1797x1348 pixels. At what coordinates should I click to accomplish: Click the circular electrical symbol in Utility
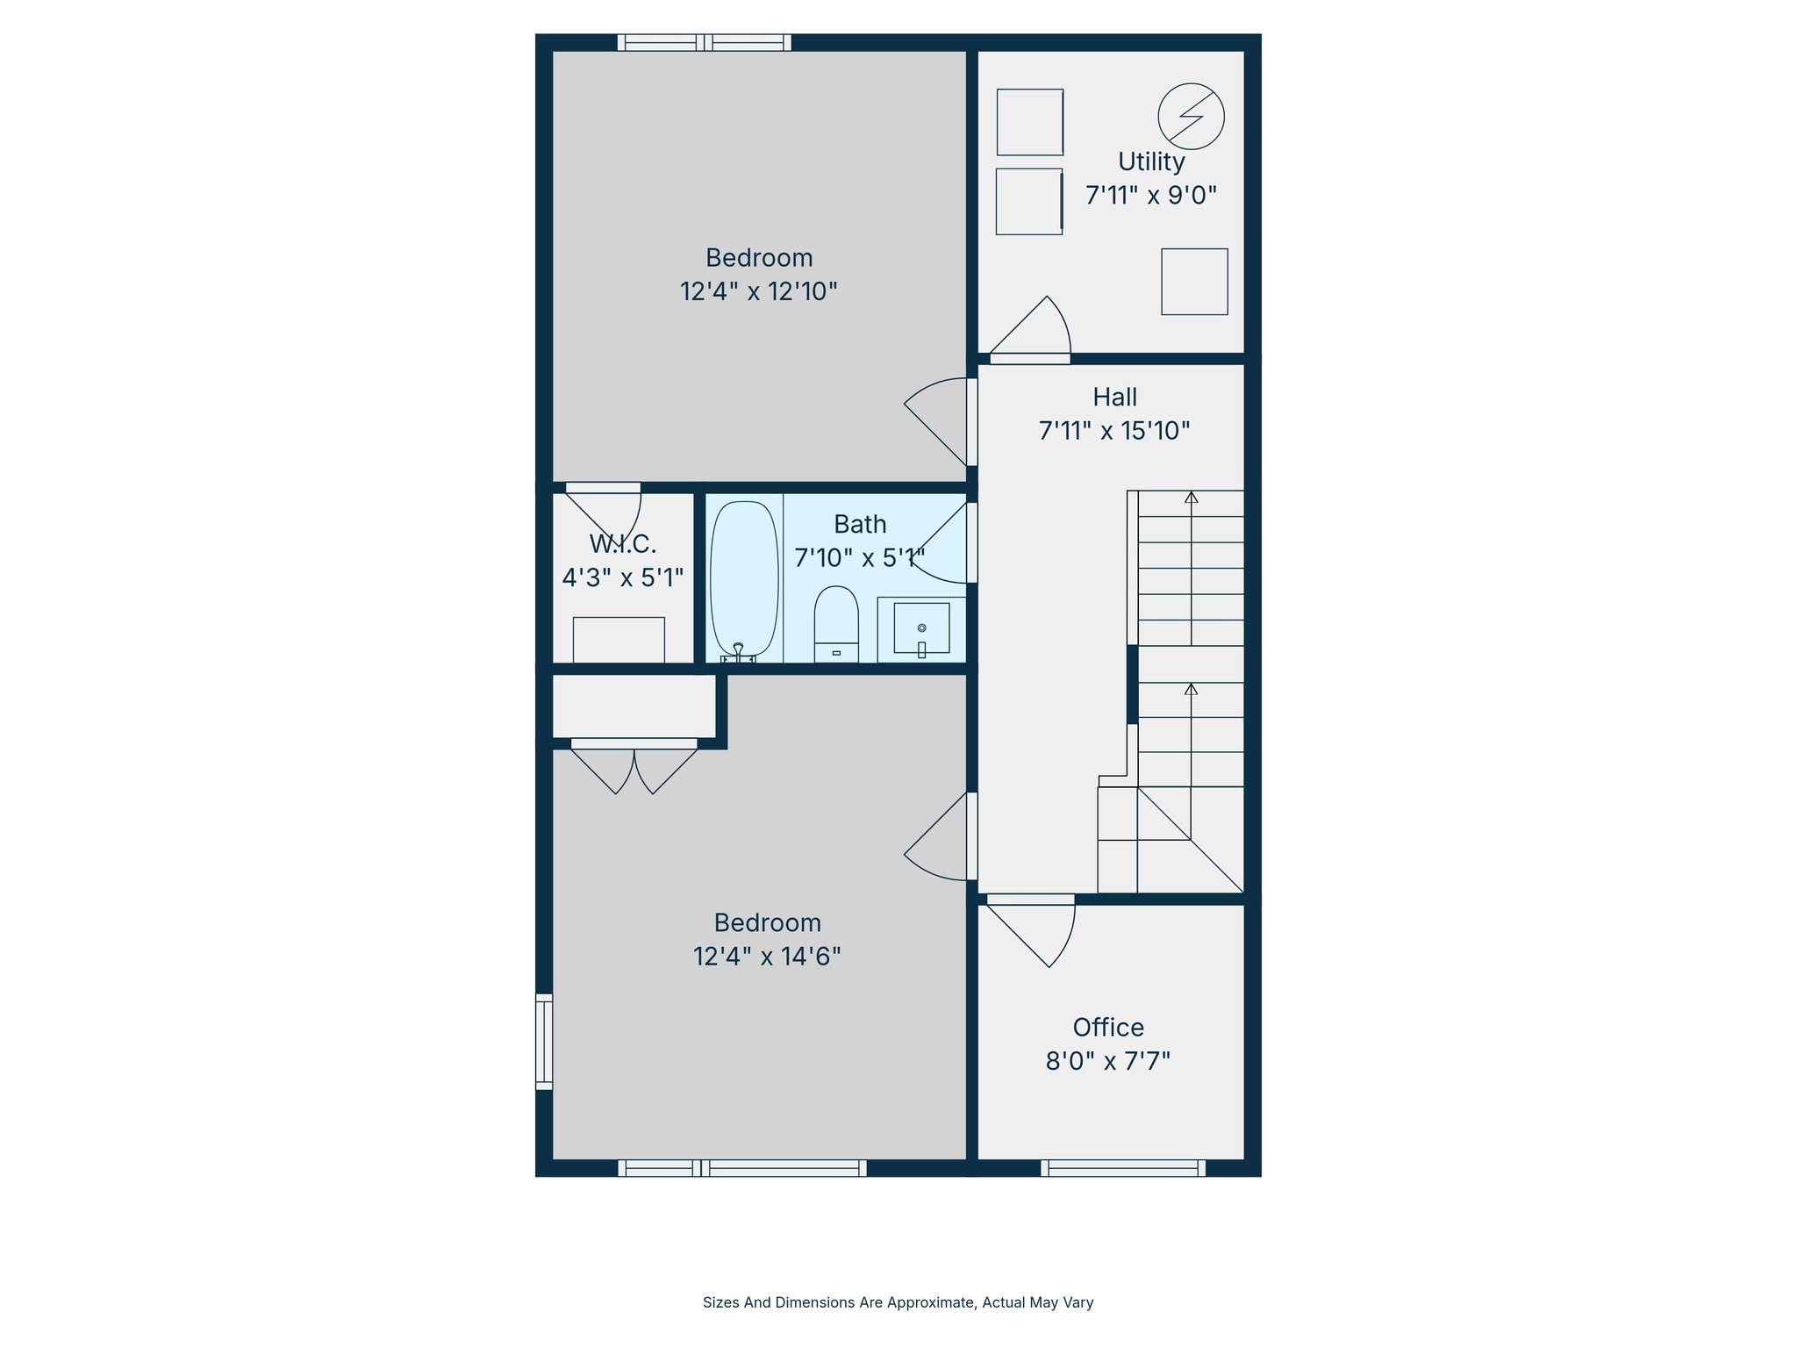point(1191,116)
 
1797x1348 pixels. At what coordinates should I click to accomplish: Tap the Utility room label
point(1151,161)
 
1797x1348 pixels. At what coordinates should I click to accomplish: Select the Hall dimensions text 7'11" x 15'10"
point(1114,431)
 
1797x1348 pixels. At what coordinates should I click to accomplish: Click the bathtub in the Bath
point(744,579)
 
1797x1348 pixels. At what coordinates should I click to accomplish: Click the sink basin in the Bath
point(921,627)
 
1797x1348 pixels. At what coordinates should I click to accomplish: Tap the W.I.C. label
point(623,544)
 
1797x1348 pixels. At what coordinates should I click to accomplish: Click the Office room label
point(1108,1028)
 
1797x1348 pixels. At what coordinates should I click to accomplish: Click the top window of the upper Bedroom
point(704,42)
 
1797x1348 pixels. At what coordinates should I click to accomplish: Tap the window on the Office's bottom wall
point(1123,1168)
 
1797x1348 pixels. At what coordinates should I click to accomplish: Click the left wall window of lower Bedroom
point(544,1042)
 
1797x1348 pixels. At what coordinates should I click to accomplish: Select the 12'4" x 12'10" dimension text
point(759,291)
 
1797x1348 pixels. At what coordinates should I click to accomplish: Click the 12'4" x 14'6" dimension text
point(767,957)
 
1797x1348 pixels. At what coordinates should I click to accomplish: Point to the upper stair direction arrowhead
point(1191,498)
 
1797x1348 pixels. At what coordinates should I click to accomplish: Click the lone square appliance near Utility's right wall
point(1194,282)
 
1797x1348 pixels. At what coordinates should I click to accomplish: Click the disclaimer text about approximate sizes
point(898,1302)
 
